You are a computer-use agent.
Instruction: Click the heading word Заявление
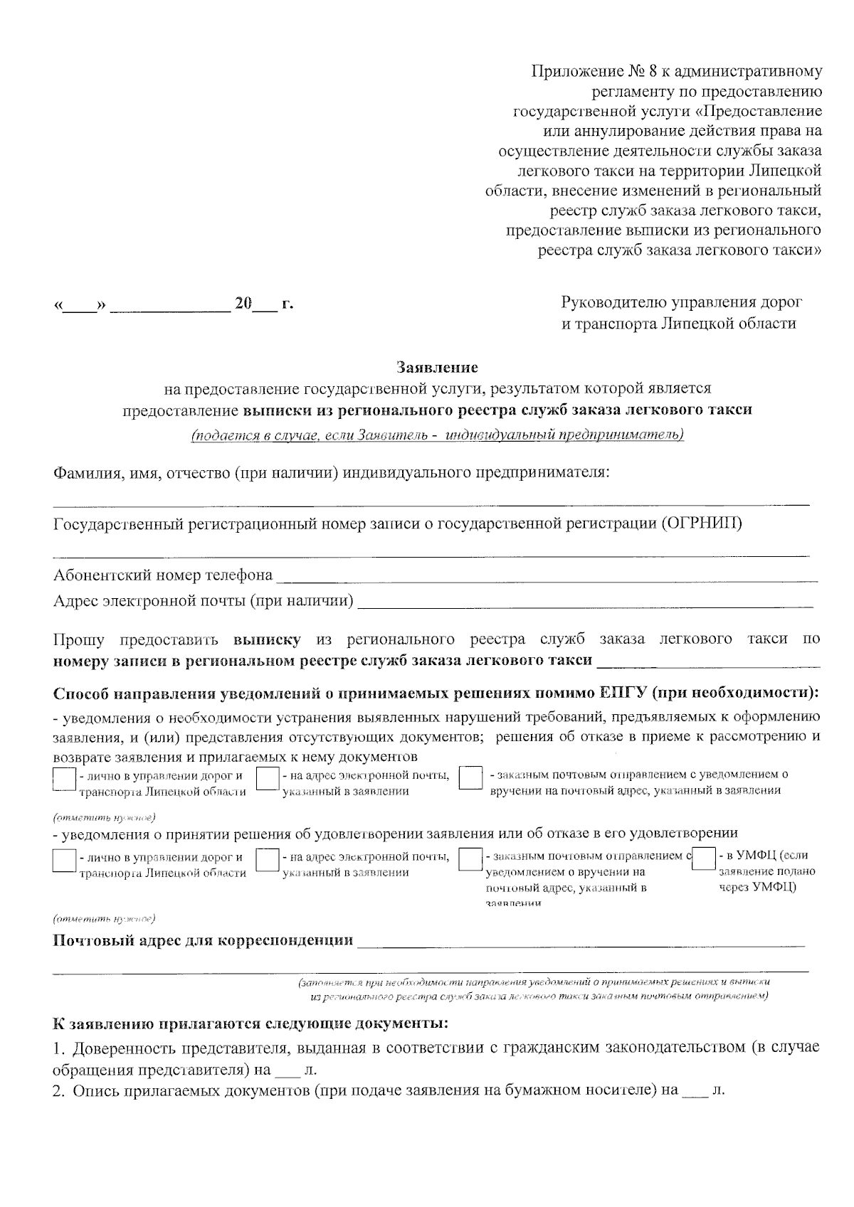click(x=437, y=368)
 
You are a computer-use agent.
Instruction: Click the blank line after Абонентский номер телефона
click(x=547, y=576)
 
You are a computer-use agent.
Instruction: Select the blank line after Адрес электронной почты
click(x=584, y=602)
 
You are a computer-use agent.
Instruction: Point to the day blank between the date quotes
click(x=80, y=306)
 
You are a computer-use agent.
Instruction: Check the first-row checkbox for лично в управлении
click(x=64, y=778)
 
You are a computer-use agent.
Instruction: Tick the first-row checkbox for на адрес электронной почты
click(x=267, y=778)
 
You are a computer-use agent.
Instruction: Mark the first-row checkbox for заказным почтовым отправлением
click(x=470, y=778)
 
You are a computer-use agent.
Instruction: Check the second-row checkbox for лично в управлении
click(x=64, y=861)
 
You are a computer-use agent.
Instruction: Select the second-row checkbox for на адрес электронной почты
click(x=267, y=861)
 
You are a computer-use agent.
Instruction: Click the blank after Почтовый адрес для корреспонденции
click(x=580, y=942)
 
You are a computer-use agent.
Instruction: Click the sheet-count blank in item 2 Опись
click(x=695, y=1091)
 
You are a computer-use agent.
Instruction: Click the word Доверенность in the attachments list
click(x=122, y=1048)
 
